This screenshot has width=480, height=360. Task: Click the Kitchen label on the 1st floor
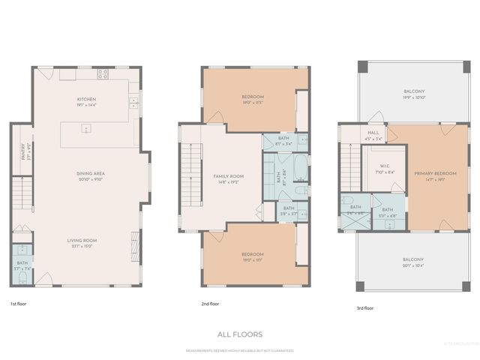click(x=86, y=99)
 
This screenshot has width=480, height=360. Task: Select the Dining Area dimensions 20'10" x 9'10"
click(x=89, y=180)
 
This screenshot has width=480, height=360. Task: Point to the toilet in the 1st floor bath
click(x=22, y=277)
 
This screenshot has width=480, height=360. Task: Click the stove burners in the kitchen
click(x=103, y=73)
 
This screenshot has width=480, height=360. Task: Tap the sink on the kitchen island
click(x=132, y=100)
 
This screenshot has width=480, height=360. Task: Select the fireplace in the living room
click(x=136, y=244)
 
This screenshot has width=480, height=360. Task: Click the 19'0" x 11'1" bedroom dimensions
click(x=252, y=259)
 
